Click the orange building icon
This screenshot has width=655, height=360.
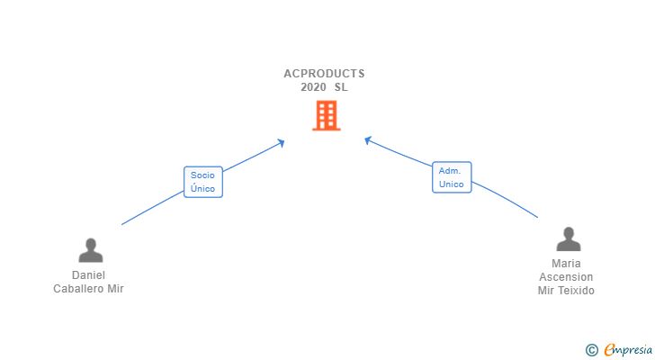click(x=327, y=115)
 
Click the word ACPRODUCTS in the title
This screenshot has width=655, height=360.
click(x=325, y=74)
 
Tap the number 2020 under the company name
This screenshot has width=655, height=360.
click(x=313, y=87)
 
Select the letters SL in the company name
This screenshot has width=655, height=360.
click(x=340, y=87)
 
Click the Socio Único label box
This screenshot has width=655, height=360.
click(x=202, y=182)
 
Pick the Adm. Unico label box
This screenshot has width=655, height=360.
click(x=452, y=177)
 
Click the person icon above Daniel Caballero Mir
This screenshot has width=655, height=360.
click(x=90, y=249)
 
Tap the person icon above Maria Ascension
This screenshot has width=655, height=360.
click(x=568, y=238)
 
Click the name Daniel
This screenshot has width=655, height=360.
click(x=89, y=275)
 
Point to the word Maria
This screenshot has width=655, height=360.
click(x=566, y=264)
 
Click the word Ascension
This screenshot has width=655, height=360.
click(x=566, y=277)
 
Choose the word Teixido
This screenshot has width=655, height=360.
click(x=577, y=291)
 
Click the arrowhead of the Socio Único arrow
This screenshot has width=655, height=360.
click(x=282, y=141)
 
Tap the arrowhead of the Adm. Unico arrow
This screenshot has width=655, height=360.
click(x=367, y=139)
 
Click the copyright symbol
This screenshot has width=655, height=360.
click(x=591, y=349)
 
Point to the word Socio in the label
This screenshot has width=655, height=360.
click(x=202, y=175)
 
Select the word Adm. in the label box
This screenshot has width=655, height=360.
click(x=451, y=170)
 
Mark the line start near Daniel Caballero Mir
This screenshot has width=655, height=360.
click(x=122, y=224)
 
